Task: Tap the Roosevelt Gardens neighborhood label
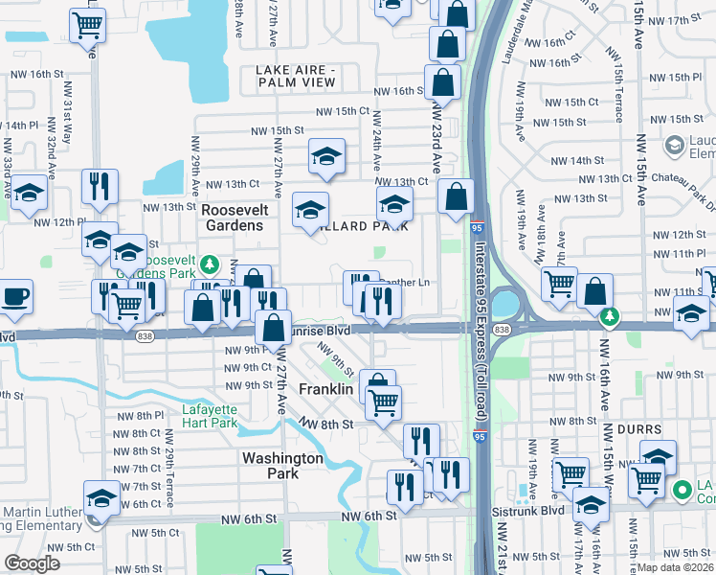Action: (x=232, y=217)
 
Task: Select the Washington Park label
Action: (x=282, y=466)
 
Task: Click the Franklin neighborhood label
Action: (x=326, y=390)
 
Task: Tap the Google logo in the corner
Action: (x=32, y=563)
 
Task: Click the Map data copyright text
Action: (x=674, y=567)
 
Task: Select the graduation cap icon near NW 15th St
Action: (x=326, y=157)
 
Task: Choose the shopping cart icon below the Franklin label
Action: (x=383, y=403)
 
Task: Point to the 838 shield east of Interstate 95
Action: (x=503, y=330)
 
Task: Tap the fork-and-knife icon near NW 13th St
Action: (x=99, y=187)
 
